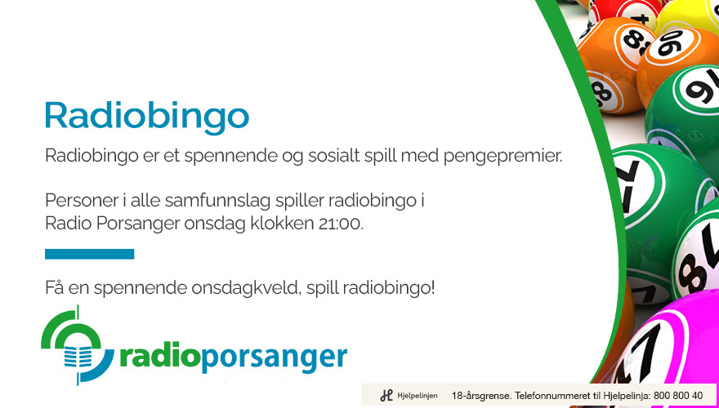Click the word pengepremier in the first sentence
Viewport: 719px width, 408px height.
502,157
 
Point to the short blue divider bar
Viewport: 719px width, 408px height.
89,254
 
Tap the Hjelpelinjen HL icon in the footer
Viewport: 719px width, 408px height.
386,395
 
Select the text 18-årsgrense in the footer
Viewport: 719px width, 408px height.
480,396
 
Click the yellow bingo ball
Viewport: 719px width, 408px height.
688,17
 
